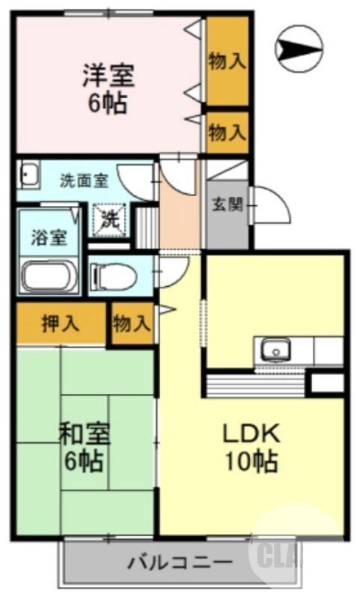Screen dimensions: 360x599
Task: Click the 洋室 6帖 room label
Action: click(x=109, y=88)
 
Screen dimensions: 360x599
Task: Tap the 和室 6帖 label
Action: click(x=84, y=447)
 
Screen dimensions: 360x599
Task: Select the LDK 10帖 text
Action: click(x=251, y=447)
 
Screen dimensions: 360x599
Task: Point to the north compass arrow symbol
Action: click(x=299, y=49)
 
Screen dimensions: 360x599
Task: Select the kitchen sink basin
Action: click(x=275, y=350)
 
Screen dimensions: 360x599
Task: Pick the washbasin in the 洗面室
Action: click(x=28, y=176)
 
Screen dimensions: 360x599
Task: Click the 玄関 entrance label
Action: click(x=228, y=205)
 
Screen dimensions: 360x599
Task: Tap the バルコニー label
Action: click(x=180, y=562)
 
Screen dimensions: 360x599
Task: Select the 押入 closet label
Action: click(x=61, y=324)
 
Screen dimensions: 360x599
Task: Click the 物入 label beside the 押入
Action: click(x=132, y=324)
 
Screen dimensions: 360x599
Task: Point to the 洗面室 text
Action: click(x=84, y=180)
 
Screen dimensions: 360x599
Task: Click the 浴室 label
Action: click(x=49, y=237)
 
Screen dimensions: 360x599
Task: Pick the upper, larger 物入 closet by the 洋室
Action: click(x=228, y=61)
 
